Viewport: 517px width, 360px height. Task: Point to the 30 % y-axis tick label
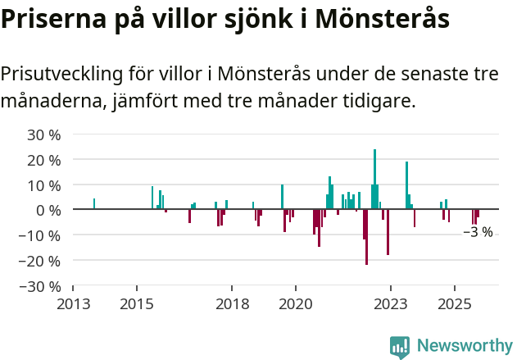pos(44,134)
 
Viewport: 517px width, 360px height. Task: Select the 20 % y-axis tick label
pos(44,160)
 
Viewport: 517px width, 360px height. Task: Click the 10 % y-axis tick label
pos(44,185)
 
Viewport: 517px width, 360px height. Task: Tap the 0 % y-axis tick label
pos(48,211)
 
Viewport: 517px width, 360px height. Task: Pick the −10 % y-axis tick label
pos(41,236)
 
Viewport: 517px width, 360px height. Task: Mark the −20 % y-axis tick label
pos(41,262)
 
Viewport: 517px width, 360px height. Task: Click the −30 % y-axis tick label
pos(41,287)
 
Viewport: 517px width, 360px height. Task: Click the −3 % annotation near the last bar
pos(478,232)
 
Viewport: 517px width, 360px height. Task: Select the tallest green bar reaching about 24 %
pos(375,179)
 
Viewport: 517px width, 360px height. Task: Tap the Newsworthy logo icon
pos(400,347)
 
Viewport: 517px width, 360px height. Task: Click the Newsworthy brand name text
pos(464,346)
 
